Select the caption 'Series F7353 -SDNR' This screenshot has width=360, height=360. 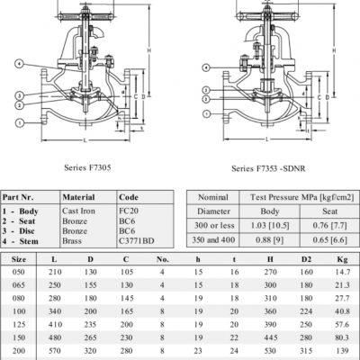[269, 167]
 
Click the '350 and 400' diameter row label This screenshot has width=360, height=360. [211, 243]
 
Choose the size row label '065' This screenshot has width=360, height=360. [17, 283]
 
